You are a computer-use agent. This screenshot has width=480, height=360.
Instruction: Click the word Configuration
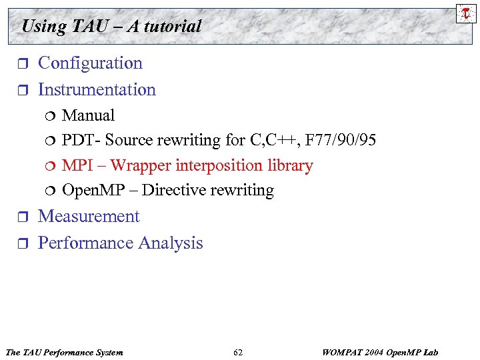90,63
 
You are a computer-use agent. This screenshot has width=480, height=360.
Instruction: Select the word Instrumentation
97,90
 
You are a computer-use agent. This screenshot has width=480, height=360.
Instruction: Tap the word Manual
88,115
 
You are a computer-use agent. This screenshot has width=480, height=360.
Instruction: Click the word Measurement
89,217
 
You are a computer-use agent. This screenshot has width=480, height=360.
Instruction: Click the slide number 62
238,352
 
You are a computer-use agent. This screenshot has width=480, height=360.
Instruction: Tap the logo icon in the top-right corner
465,13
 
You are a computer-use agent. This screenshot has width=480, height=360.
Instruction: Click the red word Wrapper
140,165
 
